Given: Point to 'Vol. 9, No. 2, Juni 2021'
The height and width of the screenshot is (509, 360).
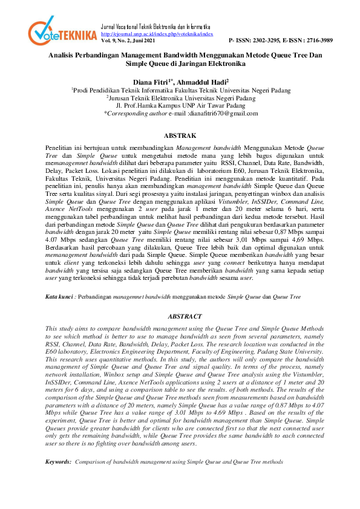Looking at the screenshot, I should click(x=128, y=41).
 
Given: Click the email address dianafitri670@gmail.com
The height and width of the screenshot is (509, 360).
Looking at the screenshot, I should click(x=223, y=113).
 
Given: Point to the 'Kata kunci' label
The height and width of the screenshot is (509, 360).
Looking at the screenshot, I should click(x=60, y=297).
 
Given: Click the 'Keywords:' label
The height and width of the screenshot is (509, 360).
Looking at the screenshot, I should click(x=59, y=461).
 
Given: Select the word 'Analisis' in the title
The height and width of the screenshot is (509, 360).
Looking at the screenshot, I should click(x=62, y=55).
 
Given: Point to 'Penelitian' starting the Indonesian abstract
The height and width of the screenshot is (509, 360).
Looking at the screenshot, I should click(x=60, y=148).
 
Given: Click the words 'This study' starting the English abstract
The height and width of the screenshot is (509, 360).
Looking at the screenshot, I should click(x=59, y=328).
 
